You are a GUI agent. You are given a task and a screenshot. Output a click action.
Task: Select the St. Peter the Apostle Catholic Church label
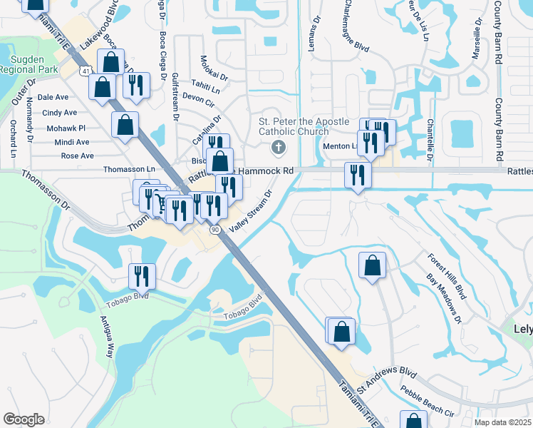click(294, 126)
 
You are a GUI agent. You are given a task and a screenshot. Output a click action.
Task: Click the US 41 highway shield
click(86, 71)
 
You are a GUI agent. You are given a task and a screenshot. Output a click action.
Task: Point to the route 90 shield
click(215, 230)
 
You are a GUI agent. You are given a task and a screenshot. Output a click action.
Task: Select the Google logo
click(24, 419)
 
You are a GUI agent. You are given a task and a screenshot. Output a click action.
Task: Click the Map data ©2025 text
click(502, 422)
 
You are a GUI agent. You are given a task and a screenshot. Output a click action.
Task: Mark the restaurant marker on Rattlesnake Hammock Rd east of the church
click(356, 175)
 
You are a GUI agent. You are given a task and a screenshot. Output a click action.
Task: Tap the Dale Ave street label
click(53, 97)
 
